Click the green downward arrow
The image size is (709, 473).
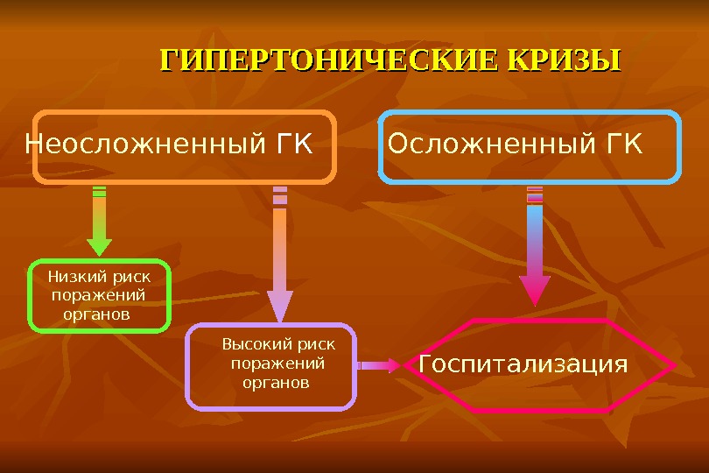point(99,222)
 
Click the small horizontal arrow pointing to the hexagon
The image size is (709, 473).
point(378,365)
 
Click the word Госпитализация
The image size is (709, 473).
point(523,364)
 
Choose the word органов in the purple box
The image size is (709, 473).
point(277,383)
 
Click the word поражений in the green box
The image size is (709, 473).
point(99,295)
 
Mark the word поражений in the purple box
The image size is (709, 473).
point(277,364)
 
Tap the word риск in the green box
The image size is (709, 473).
point(131,277)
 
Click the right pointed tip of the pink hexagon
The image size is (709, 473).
point(674,365)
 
